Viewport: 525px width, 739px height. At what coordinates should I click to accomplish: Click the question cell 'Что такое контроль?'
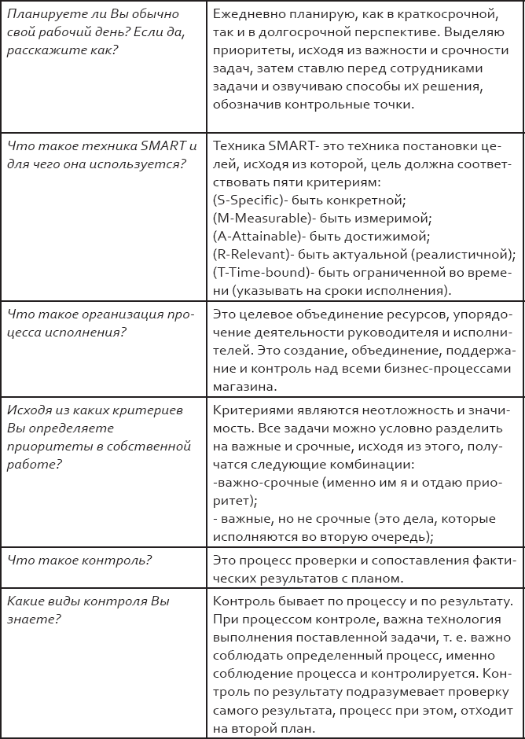click(79, 560)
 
